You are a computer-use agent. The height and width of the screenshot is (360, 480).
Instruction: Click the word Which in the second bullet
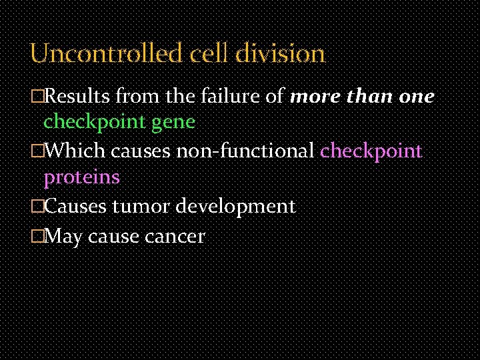pos(74,151)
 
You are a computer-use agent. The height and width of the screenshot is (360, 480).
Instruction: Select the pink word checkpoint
pos(371,151)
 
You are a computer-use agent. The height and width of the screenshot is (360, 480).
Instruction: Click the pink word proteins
pos(81,177)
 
